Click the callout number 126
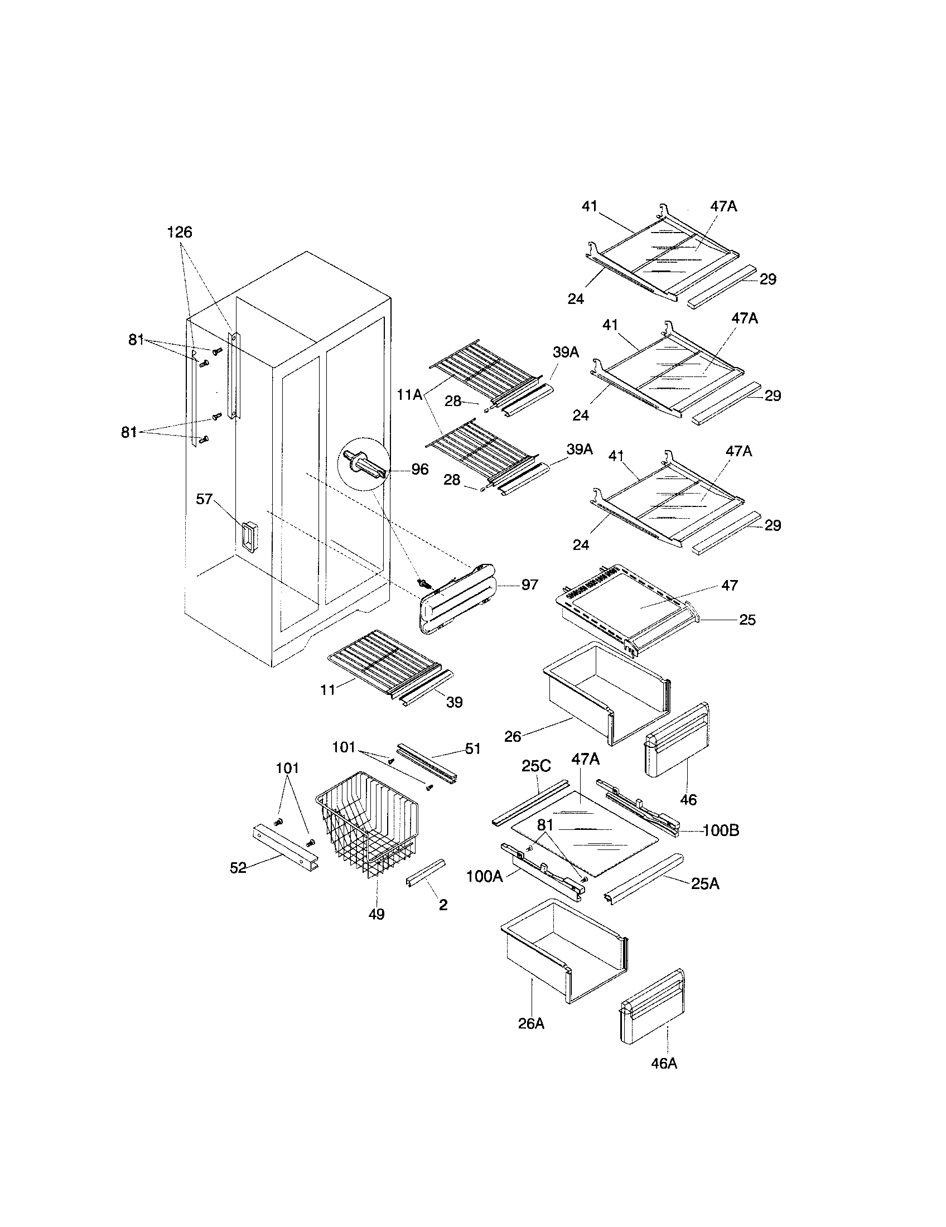coord(180,232)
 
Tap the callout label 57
coord(204,499)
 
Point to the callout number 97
coord(530,585)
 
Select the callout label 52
coord(238,868)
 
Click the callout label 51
coord(473,748)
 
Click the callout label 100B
coord(721,830)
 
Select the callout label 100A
coord(485,876)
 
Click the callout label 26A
coord(531,1023)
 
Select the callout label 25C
coord(536,766)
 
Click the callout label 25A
coord(705,884)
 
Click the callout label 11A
coord(409,395)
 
